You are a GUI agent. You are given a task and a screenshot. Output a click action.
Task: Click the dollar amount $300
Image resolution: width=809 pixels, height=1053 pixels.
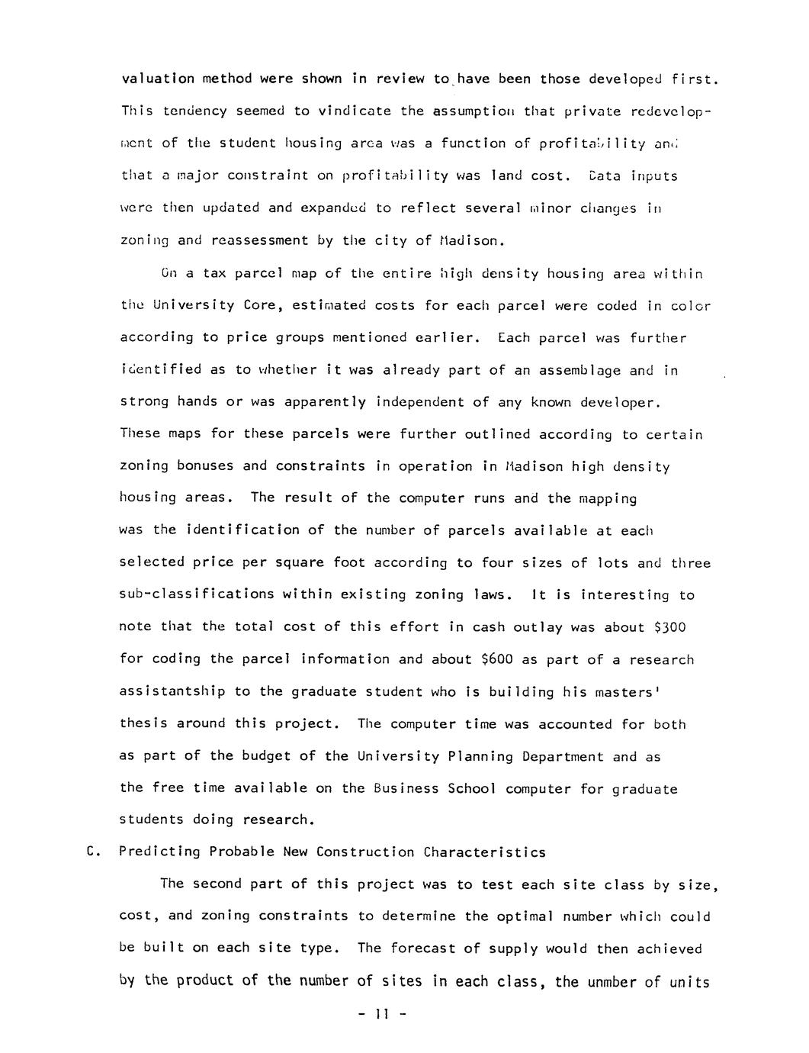(670, 627)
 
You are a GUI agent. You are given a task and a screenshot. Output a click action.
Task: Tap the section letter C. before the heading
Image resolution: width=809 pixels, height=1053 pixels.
(95, 852)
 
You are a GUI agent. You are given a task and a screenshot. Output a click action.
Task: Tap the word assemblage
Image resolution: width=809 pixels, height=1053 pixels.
(579, 370)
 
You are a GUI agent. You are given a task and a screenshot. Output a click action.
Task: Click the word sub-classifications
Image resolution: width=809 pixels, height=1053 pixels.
(197, 594)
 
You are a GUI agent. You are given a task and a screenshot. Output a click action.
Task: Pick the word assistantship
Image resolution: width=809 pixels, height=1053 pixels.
(172, 691)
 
